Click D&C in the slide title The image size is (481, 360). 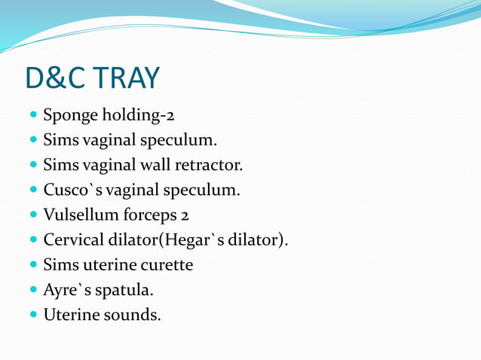pos(56,78)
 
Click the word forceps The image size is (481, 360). pos(147,215)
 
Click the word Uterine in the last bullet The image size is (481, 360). pos(70,314)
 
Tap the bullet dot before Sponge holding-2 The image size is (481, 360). pos(32,117)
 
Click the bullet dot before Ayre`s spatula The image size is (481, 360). pos(32,290)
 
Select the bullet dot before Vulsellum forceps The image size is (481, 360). pos(32,215)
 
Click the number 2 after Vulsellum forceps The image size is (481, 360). pos(184,215)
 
